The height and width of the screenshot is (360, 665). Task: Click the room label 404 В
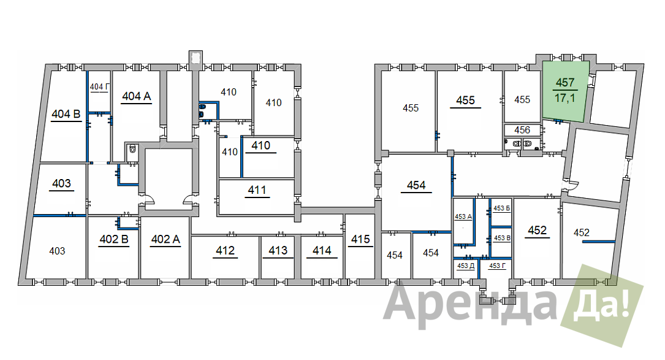click(x=66, y=114)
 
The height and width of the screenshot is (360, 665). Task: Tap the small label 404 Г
click(x=100, y=86)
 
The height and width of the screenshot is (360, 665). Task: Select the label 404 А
click(x=137, y=96)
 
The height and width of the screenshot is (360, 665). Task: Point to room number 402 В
click(x=114, y=239)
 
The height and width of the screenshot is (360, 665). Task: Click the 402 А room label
click(x=166, y=239)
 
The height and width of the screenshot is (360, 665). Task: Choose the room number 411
click(x=257, y=190)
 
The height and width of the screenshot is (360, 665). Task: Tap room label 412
click(x=225, y=250)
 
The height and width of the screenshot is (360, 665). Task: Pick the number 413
click(x=278, y=250)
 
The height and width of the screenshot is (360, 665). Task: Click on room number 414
click(x=322, y=250)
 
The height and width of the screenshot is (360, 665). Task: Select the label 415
click(x=360, y=239)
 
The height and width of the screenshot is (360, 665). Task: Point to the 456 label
click(x=522, y=130)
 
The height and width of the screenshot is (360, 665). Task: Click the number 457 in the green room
click(x=565, y=82)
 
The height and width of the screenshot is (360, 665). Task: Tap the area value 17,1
click(x=565, y=98)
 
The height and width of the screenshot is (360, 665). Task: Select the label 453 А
click(x=463, y=216)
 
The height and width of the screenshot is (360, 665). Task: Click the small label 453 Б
click(x=502, y=208)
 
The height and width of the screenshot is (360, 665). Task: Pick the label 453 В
click(x=502, y=238)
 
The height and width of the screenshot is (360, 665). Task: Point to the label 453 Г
click(x=498, y=266)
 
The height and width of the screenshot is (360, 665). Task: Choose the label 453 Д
click(x=466, y=266)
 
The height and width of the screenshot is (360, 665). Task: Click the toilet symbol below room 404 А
click(x=132, y=149)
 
